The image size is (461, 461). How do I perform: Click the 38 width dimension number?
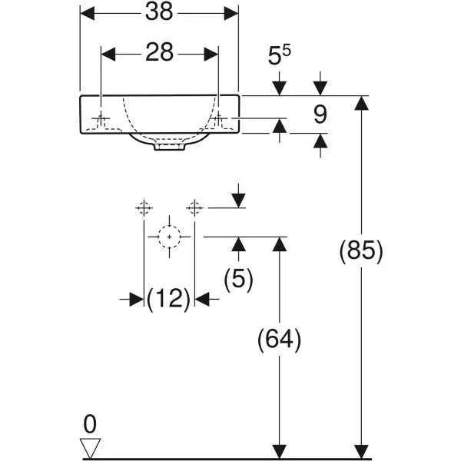coord(160,12)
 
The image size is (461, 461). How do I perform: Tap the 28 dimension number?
coord(160,53)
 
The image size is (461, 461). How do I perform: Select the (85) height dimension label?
coord(360,251)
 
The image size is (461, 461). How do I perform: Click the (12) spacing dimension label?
coord(169,298)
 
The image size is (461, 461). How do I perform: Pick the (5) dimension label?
coord(238,278)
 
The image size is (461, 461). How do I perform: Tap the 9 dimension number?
coord(320,114)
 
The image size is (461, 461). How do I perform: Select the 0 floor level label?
coord(91,424)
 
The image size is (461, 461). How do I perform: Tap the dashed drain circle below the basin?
coord(169,237)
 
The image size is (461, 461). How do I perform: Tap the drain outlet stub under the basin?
coord(169,146)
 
